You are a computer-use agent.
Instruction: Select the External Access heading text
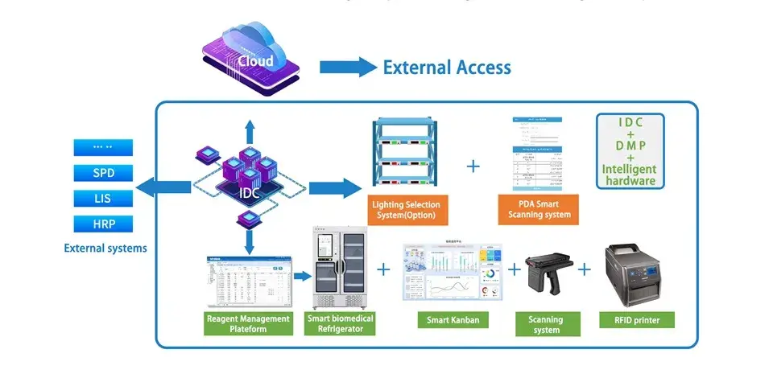click(447, 68)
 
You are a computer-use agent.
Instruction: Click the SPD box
click(103, 173)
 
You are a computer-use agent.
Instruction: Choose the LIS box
click(103, 198)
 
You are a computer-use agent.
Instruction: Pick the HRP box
click(103, 224)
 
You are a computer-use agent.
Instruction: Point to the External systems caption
click(105, 249)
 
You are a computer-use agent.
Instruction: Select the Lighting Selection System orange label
click(405, 210)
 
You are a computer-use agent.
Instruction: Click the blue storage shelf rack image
click(405, 154)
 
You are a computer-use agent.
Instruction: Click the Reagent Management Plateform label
click(248, 323)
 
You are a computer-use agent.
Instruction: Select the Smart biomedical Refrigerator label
click(341, 323)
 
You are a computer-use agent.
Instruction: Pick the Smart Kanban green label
click(453, 320)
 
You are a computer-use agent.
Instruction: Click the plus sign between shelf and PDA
click(473, 166)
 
